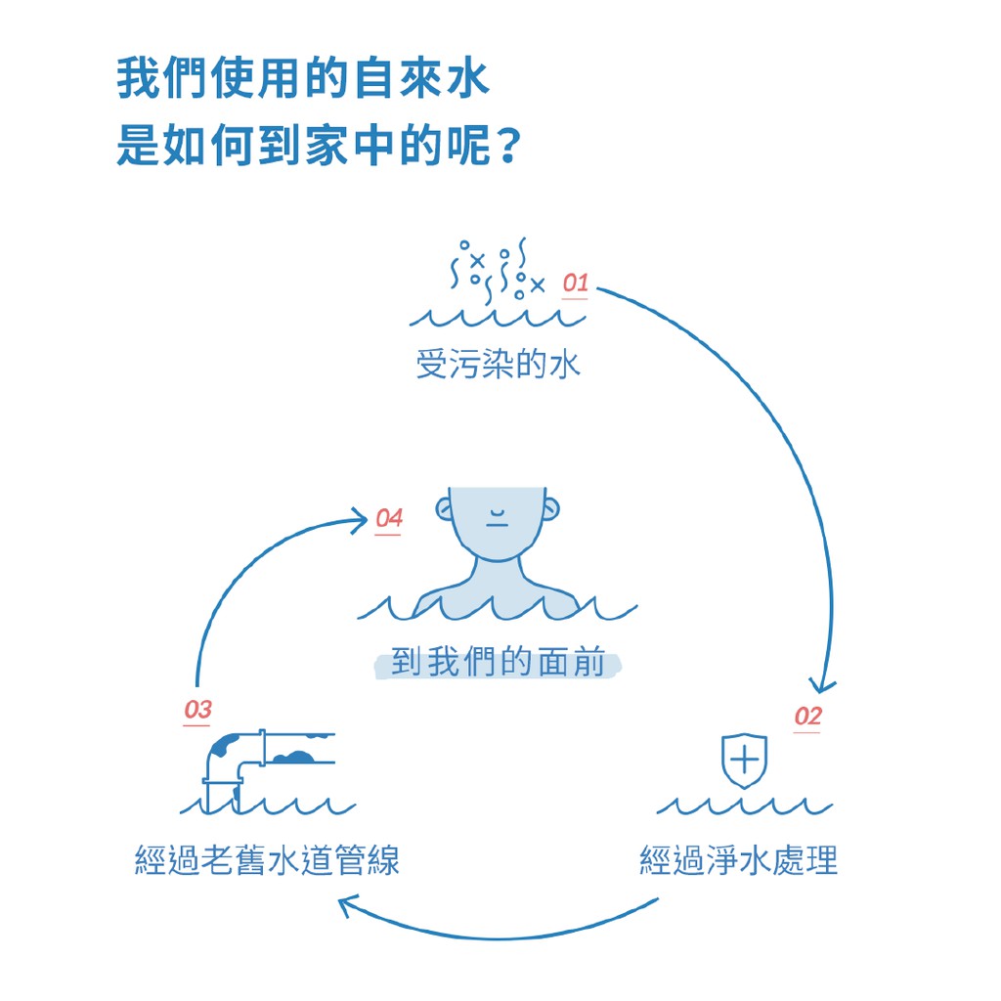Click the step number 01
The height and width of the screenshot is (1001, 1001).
coord(575,284)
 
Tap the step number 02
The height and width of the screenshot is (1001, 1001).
coord(807,717)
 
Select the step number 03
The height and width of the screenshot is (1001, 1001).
coord(197,710)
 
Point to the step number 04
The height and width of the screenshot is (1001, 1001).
coord(389,518)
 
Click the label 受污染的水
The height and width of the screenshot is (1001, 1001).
coord(498,366)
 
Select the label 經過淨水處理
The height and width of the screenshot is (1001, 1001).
coord(739,861)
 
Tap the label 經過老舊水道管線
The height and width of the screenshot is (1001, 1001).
coord(267,861)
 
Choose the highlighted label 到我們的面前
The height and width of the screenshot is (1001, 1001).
coord(498,663)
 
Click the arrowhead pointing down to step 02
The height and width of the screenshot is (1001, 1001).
coord(824,684)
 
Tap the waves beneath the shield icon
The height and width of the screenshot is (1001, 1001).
coord(744,806)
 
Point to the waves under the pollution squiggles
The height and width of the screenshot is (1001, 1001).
coord(498,317)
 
